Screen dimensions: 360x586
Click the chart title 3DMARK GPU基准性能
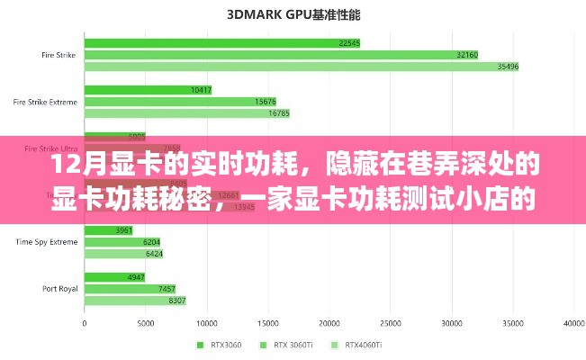pyautogui.click(x=292, y=13)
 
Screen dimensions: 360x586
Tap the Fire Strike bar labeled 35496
pyautogui.click(x=302, y=67)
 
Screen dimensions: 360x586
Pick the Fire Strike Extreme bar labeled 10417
pyautogui.click(x=149, y=90)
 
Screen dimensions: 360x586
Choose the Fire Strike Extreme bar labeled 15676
pyautogui.click(x=180, y=102)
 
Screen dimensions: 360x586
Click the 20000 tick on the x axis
pyautogui.click(x=329, y=322)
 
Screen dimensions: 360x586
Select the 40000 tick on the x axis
pyautogui.click(x=573, y=322)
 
